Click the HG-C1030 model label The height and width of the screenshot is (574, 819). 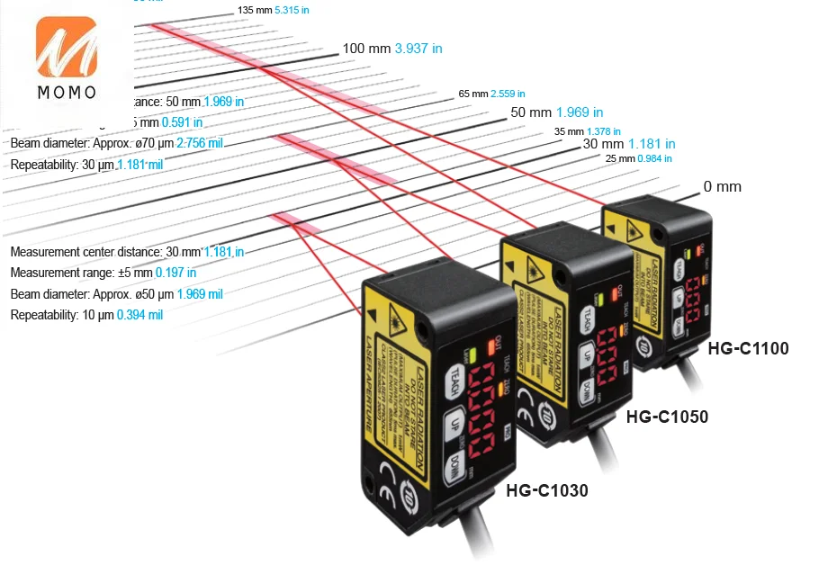[x=547, y=491]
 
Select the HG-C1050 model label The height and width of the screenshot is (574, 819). [x=667, y=417]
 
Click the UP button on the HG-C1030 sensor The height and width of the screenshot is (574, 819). [x=455, y=425]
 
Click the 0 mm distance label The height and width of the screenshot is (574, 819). [x=722, y=187]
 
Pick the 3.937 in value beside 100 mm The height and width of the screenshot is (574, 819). [x=418, y=49]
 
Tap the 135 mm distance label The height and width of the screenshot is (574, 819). [x=254, y=10]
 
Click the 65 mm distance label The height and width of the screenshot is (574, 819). [x=473, y=94]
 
